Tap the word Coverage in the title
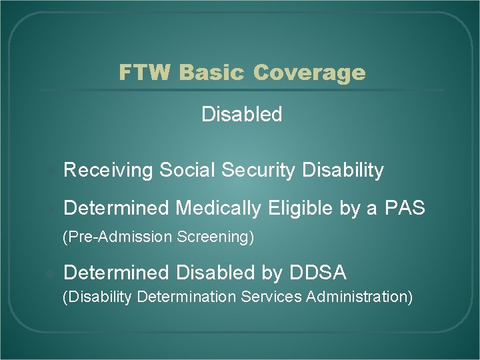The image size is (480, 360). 309,72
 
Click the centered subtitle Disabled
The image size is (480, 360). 241,115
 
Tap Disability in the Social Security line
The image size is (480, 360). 343,171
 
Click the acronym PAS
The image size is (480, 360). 405,209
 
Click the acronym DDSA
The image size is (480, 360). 318,273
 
